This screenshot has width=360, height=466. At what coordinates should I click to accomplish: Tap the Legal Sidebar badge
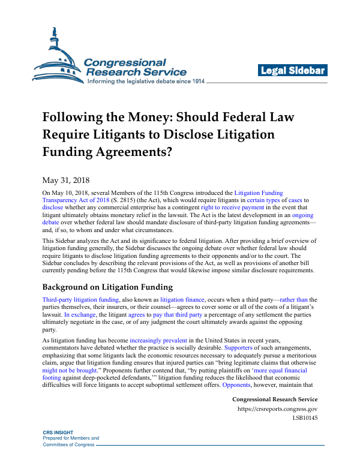pos(293,71)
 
